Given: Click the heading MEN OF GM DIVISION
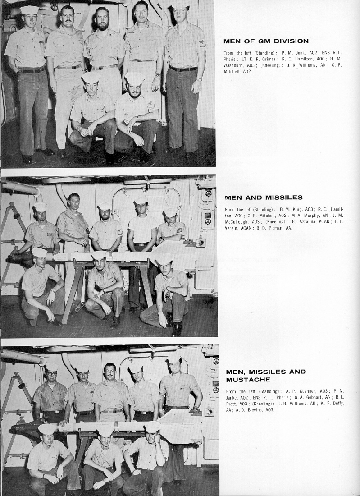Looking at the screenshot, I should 266,41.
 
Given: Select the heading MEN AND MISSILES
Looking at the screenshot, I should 264,197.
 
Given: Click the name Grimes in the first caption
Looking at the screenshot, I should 269,59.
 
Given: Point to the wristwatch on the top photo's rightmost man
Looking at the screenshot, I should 199,80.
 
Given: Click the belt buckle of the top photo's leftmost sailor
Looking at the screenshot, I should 32,70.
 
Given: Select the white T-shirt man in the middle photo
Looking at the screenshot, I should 141,225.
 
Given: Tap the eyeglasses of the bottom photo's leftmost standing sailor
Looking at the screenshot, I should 51,374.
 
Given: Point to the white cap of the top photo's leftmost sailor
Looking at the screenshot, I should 30,9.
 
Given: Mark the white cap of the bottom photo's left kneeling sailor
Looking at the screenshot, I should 46,428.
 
